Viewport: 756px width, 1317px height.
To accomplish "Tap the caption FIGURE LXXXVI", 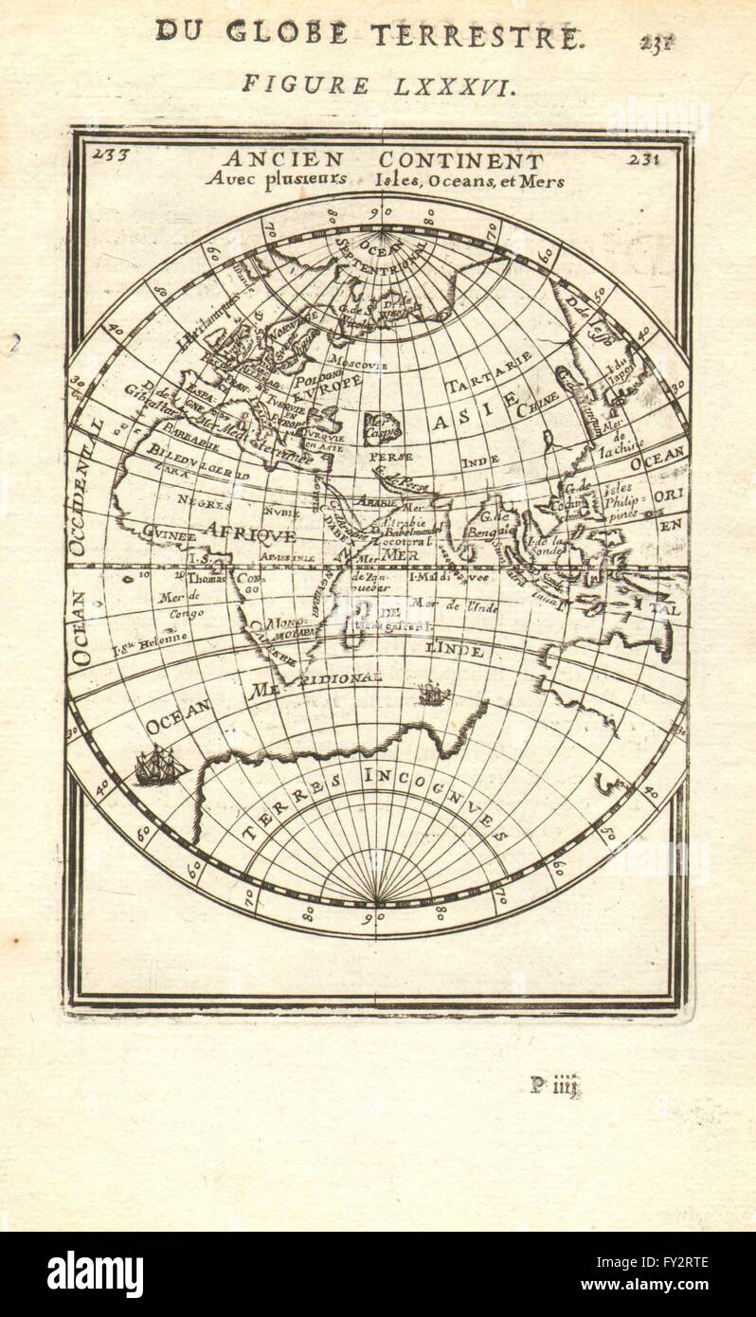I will coord(378,85).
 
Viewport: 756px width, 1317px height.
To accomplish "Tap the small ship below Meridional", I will coord(434,695).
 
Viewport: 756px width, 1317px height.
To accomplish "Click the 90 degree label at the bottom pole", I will coord(376,917).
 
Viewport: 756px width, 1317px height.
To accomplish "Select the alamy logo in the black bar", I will coord(96,1273).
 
